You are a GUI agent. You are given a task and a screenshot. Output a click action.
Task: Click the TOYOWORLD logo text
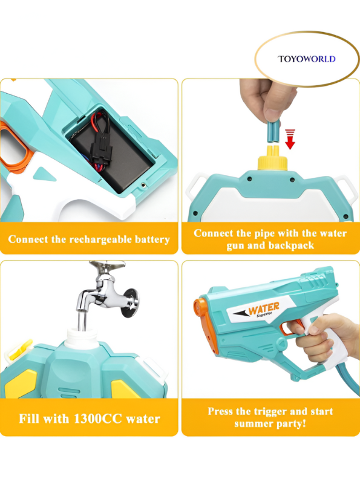[306, 59]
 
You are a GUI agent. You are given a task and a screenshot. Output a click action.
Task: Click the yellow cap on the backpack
[270, 161]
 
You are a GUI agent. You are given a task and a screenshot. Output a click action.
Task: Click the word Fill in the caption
[30, 419]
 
